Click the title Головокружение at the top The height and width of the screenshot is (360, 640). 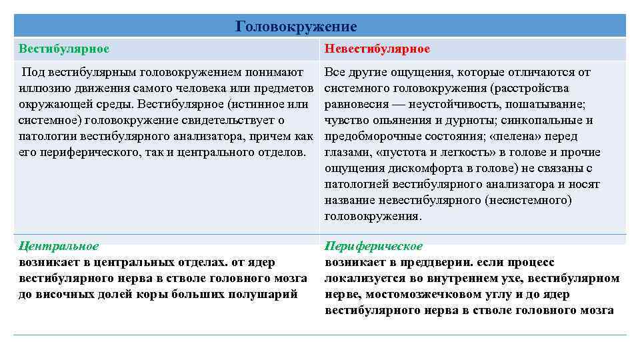(297, 27)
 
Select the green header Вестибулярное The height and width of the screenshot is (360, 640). (64, 49)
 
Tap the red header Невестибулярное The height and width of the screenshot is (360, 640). (377, 49)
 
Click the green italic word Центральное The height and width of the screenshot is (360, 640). (59, 247)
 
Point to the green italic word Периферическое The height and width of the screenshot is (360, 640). (374, 247)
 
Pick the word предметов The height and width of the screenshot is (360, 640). (284, 89)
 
